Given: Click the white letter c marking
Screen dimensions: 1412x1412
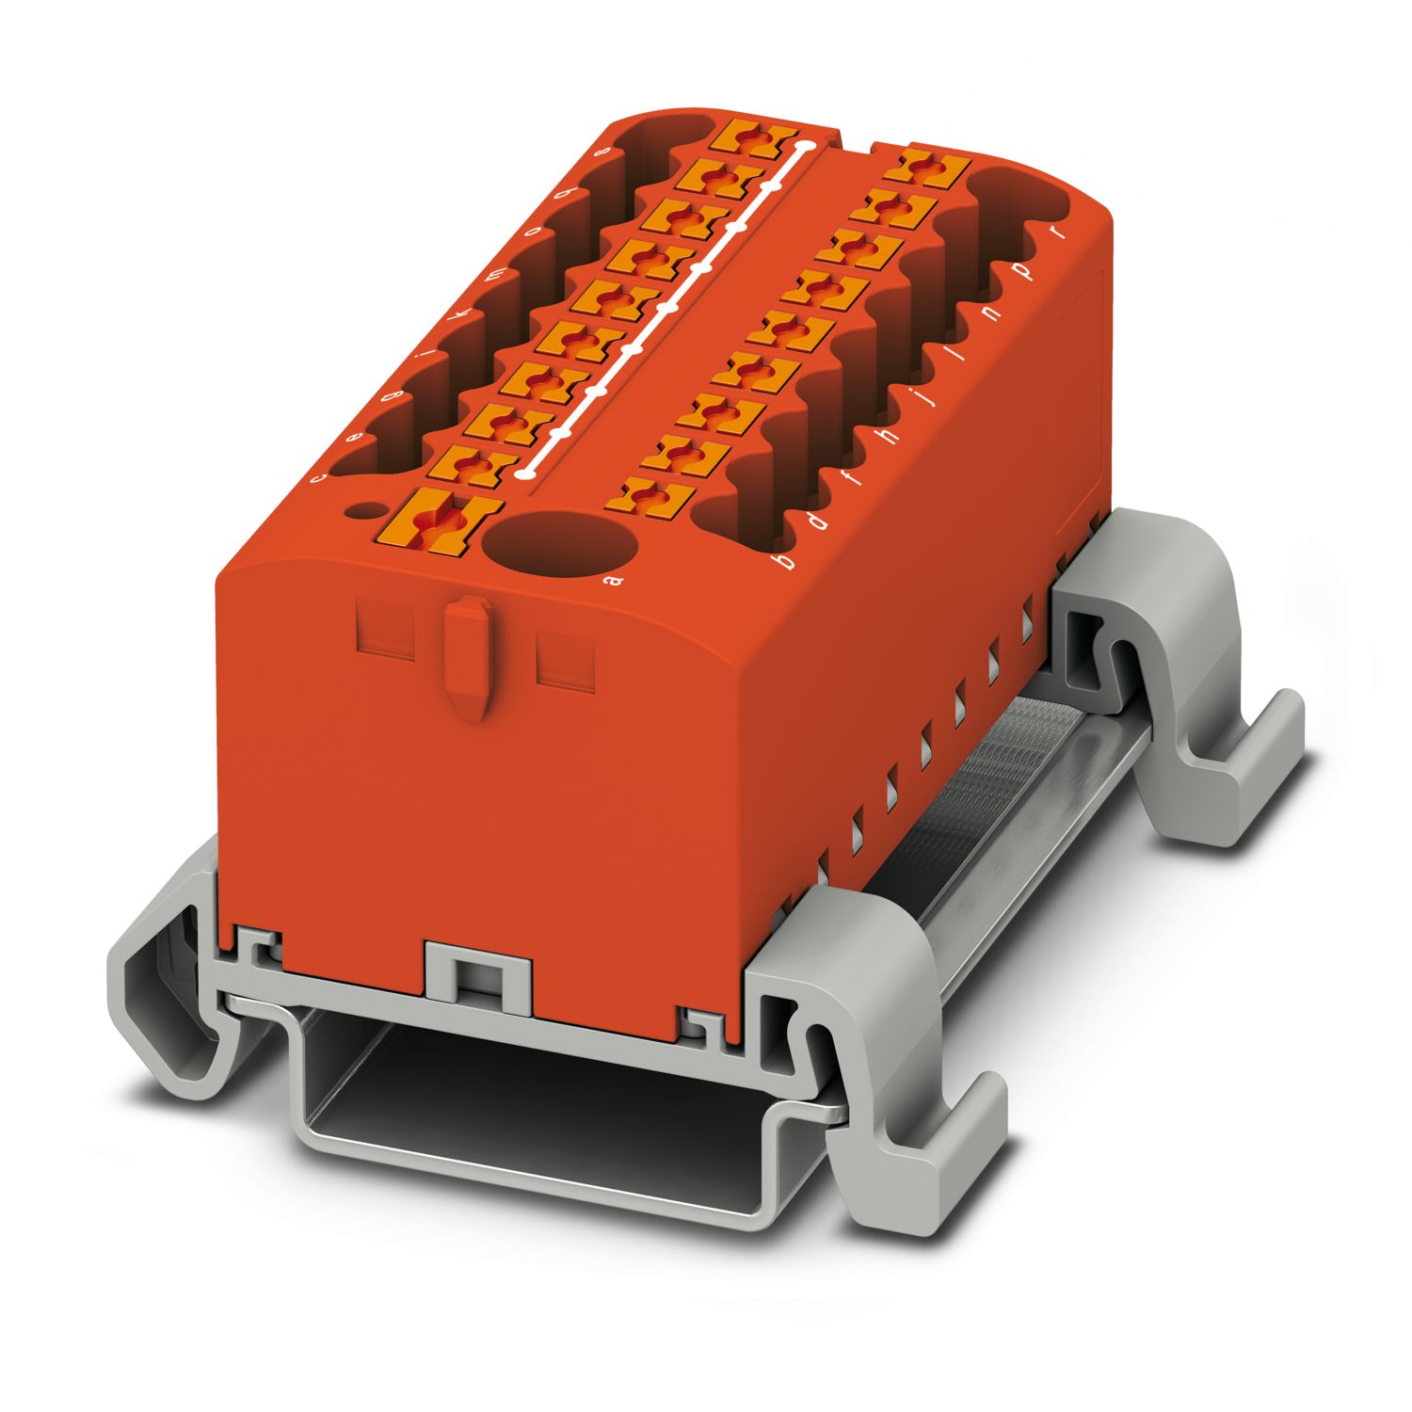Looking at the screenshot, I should [319, 477].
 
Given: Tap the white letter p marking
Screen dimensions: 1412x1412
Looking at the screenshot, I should [1027, 272].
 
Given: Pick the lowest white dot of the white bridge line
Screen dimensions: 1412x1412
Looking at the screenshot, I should [524, 471].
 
